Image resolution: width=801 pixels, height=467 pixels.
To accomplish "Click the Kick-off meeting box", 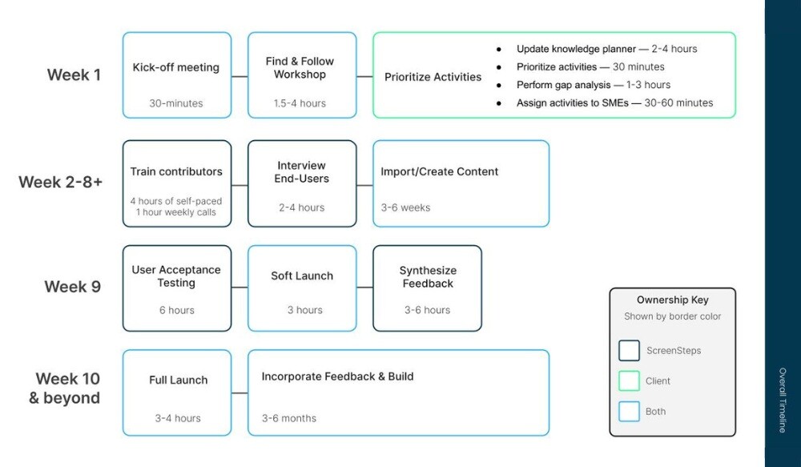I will (x=176, y=75).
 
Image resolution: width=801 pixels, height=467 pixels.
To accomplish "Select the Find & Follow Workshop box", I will (x=302, y=75).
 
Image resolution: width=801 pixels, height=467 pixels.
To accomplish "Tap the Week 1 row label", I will (x=74, y=75).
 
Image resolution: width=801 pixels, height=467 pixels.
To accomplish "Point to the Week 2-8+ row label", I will (x=61, y=182).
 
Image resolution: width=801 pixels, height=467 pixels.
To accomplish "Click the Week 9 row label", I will (x=73, y=287).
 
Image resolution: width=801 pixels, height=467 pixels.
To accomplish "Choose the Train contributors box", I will (x=176, y=183).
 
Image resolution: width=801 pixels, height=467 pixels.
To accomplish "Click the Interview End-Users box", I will (x=302, y=183).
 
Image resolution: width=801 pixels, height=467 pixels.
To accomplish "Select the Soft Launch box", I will (x=302, y=288).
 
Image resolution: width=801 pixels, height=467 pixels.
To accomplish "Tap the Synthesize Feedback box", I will (x=427, y=288).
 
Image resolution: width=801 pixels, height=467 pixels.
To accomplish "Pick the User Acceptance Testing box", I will (x=176, y=288).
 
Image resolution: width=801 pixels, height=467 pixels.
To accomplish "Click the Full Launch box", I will (x=178, y=393).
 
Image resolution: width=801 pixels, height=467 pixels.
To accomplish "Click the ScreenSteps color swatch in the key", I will (x=629, y=351).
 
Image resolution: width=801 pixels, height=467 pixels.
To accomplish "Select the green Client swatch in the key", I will (x=629, y=381).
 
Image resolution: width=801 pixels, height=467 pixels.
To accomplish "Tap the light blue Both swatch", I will (x=629, y=412).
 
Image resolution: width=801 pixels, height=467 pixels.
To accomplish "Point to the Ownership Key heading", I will (x=672, y=300).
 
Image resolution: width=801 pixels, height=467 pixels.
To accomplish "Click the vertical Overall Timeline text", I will (x=783, y=401).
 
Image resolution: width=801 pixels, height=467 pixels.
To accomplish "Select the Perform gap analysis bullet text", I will (x=593, y=85).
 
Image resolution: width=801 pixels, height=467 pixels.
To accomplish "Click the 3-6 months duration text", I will (x=289, y=418).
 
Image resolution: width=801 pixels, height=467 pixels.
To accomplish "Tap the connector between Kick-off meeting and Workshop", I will (x=239, y=77).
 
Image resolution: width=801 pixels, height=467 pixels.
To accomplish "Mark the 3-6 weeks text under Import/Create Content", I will (x=405, y=207).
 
